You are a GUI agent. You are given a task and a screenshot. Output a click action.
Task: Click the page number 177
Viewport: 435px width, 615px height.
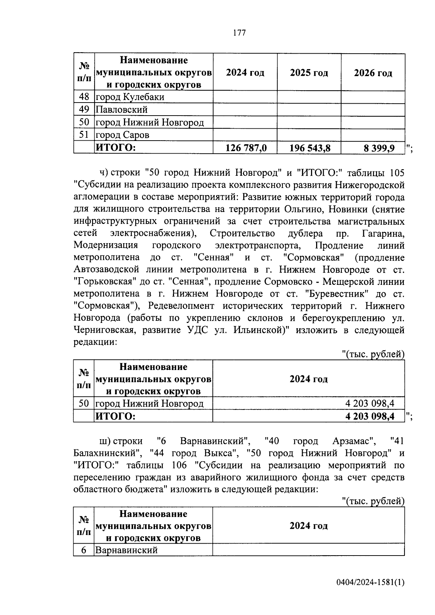[239, 33]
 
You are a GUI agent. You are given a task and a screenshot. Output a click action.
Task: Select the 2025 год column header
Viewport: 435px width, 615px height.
[309, 73]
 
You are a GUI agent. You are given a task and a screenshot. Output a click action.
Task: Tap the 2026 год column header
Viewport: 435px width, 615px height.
[373, 73]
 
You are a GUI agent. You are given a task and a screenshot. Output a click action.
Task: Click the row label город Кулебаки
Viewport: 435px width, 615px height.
[129, 97]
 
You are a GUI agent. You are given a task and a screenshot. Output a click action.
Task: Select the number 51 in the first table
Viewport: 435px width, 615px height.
[84, 135]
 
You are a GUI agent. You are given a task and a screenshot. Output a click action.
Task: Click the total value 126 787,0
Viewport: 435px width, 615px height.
[246, 148]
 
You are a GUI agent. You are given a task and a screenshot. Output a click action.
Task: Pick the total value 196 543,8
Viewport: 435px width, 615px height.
[310, 148]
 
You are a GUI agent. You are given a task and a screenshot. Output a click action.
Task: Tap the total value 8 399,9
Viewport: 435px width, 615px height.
[380, 148]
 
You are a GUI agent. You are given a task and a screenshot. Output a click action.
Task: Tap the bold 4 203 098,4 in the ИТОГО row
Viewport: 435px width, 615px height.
[370, 416]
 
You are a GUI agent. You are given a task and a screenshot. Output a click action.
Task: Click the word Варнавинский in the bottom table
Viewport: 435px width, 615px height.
[126, 550]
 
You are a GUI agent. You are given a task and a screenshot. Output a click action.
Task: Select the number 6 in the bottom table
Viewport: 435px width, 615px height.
[84, 550]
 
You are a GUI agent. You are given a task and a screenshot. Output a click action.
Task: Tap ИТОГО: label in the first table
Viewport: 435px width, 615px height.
[115, 148]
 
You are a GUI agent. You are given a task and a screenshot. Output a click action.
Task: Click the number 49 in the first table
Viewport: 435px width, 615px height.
[84, 109]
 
